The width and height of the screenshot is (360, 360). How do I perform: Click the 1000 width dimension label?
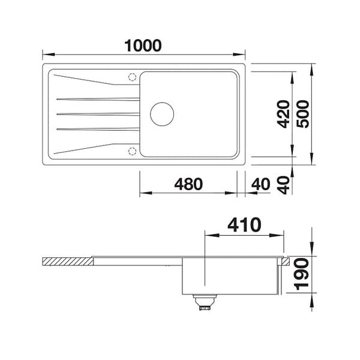coord(143,45)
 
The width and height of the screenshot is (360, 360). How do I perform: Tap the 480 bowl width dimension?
coord(188,184)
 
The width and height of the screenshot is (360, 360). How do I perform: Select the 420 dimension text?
coord(283,114)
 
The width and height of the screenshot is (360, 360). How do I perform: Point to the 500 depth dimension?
coord(302,114)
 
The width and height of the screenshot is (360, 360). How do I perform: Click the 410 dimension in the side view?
coord(244,224)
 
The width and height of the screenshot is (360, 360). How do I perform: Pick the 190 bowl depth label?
coord(302,274)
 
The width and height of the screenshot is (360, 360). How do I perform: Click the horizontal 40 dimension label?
coord(261,184)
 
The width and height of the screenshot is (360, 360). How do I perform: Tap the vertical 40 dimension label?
coord(283,185)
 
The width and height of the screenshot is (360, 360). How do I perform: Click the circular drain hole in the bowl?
coord(162,103)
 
